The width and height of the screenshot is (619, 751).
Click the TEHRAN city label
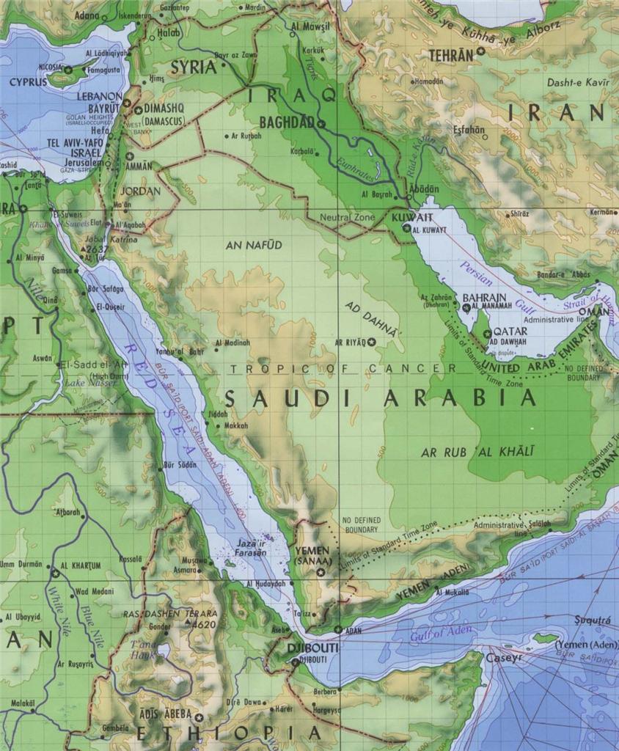coord(450,55)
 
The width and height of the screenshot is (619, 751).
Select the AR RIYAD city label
coord(351,342)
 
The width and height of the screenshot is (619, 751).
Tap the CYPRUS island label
coord(28,82)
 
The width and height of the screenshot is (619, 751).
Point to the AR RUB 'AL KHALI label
coord(477,453)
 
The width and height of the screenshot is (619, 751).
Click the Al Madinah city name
coord(233,342)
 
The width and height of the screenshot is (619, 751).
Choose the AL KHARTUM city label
coord(81,565)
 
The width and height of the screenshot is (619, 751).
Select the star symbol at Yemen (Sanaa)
coord(320,572)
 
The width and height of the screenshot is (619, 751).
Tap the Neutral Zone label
coord(347,218)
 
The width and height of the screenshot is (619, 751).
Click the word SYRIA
coord(194,67)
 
